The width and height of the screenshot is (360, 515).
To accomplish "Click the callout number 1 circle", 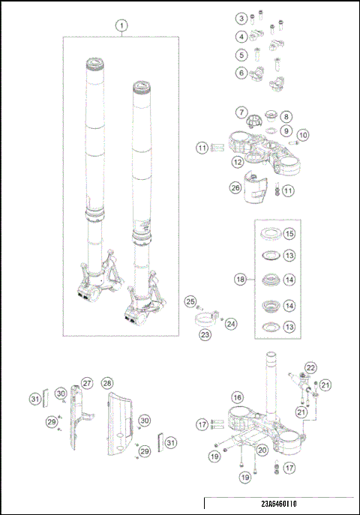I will pos(120,25).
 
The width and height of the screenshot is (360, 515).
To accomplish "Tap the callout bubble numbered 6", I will pos(241,73).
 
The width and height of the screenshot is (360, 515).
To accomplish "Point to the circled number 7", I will pos(241,112).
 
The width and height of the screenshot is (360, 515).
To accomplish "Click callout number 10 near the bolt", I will pos(303,135).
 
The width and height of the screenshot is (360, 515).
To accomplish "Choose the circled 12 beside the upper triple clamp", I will pos(236,161).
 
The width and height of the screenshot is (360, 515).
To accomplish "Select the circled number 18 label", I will pos(241,279).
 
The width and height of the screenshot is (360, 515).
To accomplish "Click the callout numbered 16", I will pos(238,397).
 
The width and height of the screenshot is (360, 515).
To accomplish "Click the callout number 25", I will pos(190,301).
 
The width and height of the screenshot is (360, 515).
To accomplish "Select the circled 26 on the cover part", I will pos(235,188).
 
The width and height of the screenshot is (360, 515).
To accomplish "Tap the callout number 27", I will pos(87,383).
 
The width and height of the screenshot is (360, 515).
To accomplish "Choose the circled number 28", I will pos(106,383).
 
